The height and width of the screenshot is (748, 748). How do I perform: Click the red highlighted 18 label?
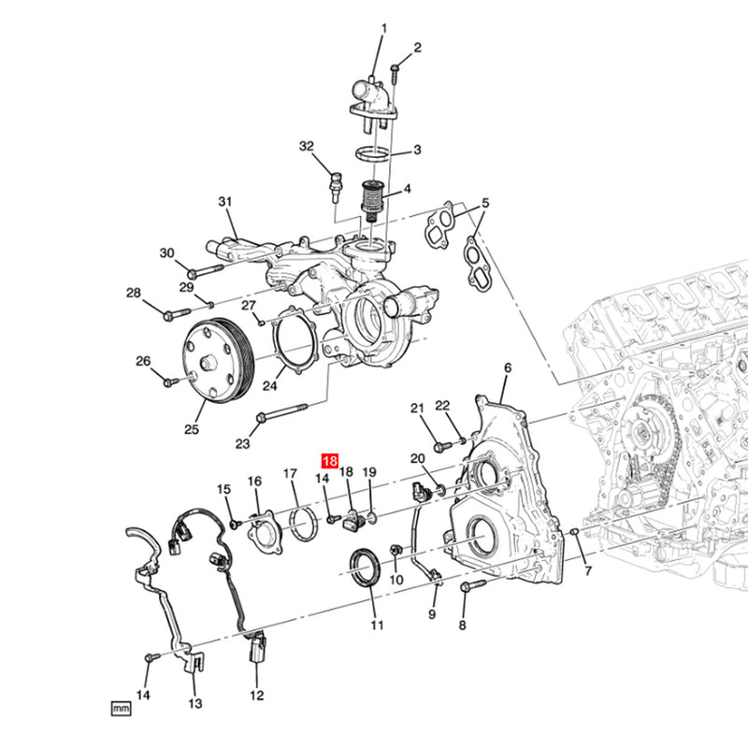329,460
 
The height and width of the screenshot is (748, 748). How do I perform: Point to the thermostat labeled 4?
373,201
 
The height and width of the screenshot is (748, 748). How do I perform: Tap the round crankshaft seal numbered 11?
365,568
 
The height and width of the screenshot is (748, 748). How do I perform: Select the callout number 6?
508,368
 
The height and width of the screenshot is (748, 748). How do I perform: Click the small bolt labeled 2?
396,68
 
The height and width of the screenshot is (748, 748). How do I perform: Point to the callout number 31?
224,202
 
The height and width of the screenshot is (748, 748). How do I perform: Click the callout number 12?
256,695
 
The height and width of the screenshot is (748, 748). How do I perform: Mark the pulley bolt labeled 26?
169,381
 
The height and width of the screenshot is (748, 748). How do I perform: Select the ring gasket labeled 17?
302,522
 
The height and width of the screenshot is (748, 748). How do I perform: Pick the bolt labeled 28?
170,314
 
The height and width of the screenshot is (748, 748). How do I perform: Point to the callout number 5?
485,204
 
